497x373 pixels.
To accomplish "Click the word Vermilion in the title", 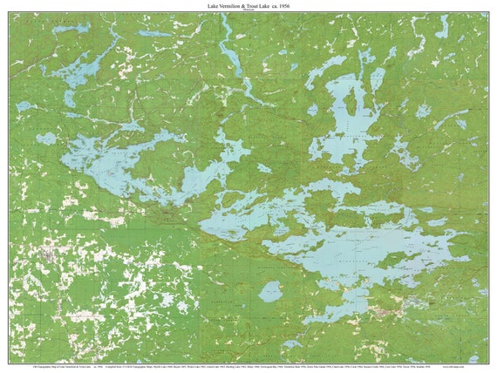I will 236,5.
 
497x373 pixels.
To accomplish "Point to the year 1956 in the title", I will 306,5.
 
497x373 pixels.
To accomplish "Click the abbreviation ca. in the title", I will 292,5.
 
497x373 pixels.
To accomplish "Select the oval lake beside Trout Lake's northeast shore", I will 378,79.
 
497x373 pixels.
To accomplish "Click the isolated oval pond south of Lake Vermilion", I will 271,292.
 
